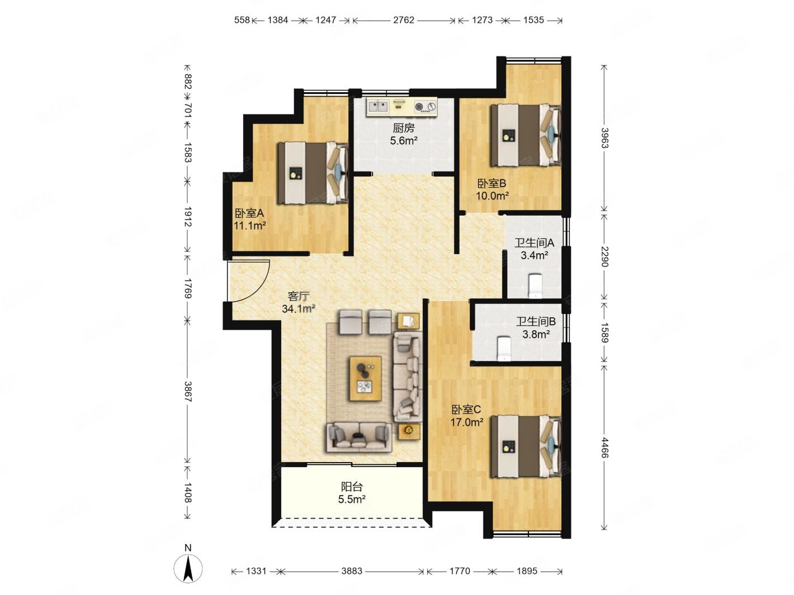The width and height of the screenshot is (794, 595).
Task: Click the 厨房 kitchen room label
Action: (x=403, y=128)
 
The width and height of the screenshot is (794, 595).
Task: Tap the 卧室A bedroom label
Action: (x=249, y=213)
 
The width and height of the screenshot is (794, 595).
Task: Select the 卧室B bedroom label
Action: (x=491, y=183)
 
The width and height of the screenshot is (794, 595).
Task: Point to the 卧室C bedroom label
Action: (x=466, y=410)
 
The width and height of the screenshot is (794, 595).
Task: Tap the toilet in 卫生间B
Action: (x=504, y=349)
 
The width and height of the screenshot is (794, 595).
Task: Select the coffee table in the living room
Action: (x=365, y=378)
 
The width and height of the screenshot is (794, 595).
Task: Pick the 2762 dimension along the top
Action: (x=403, y=20)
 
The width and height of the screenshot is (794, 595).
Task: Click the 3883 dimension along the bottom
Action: (x=352, y=571)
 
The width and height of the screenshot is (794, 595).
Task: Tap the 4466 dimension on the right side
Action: (x=604, y=448)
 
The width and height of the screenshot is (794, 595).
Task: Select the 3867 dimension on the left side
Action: (x=188, y=392)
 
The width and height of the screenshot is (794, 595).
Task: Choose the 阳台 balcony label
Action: (x=352, y=487)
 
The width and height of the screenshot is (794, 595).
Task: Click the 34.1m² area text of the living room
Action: (x=299, y=309)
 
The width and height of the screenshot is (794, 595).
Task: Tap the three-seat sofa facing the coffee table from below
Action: (x=359, y=437)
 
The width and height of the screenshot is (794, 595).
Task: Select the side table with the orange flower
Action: (x=409, y=431)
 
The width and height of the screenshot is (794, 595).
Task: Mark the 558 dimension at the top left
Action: (x=242, y=20)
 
